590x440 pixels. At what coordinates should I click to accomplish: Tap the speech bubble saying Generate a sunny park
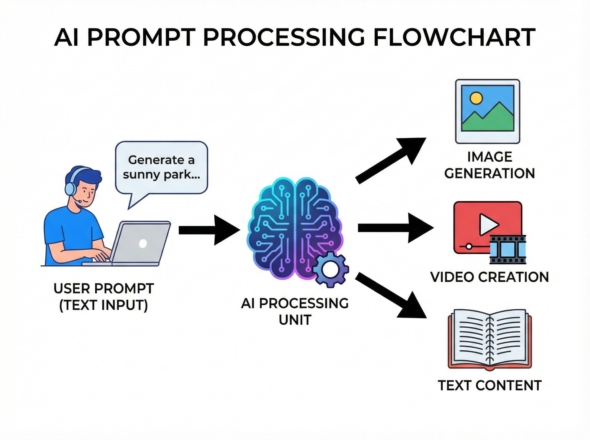tap(161, 167)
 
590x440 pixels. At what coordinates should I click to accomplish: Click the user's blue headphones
tap(70, 186)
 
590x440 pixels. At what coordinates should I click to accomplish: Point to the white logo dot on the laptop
tap(143, 243)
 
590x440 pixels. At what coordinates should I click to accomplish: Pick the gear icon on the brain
tap(331, 270)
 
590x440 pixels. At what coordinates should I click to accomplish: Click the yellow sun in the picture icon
tap(476, 98)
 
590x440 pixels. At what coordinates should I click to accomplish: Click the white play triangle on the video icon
tap(488, 224)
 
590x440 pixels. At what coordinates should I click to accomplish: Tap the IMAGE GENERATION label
tap(489, 165)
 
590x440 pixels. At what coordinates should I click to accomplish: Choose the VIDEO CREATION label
tap(489, 277)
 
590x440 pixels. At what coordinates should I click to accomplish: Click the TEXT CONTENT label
tap(489, 385)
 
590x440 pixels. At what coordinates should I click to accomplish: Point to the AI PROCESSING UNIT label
tap(295, 311)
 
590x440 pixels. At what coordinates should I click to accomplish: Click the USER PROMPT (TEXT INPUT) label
tap(104, 297)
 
